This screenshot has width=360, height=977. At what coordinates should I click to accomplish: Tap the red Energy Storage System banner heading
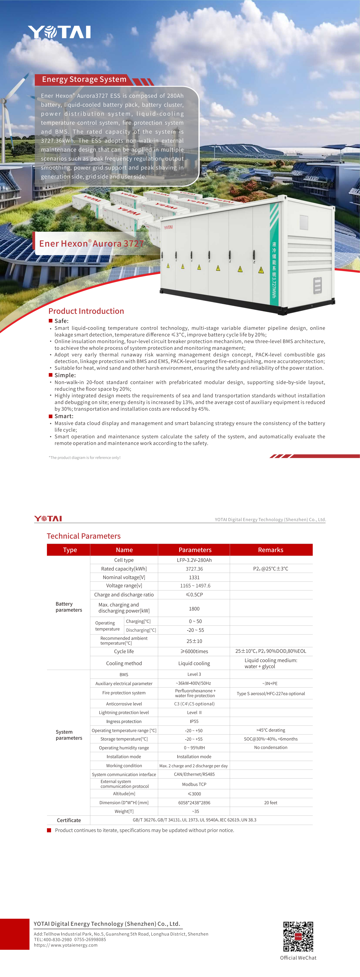pos(84,79)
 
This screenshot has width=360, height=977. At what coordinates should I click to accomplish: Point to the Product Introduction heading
pos(86,311)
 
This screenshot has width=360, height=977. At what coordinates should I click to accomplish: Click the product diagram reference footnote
pos(84,457)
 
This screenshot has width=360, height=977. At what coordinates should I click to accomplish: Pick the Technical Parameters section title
pos(83,536)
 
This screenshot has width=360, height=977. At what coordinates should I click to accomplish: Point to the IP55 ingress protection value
pos(194,721)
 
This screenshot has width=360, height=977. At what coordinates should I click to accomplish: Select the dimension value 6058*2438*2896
pos(194,803)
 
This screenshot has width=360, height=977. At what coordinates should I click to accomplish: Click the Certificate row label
pos(69,820)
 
